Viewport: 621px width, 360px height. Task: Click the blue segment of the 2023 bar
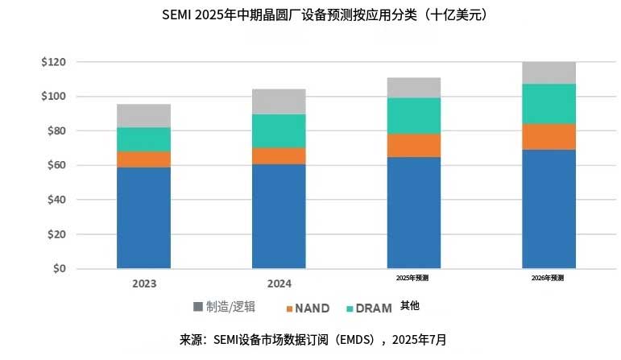[143, 217]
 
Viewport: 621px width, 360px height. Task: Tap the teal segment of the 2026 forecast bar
[549, 104]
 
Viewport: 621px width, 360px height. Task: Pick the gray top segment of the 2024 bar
[279, 101]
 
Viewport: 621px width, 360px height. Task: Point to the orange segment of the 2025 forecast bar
[413, 145]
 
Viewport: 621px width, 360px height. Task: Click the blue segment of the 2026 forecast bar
[549, 209]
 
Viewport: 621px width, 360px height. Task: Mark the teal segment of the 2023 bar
[143, 139]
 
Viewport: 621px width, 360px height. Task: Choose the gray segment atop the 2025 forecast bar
[413, 88]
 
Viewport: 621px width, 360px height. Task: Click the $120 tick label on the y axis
[53, 62]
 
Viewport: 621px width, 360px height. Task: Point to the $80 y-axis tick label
[53, 130]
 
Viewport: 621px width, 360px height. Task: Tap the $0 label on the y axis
[59, 269]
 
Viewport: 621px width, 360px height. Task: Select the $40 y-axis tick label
[53, 200]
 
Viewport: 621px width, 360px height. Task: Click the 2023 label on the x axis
[144, 283]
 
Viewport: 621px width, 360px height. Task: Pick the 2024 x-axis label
[279, 283]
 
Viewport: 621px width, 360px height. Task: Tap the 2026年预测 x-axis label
[548, 278]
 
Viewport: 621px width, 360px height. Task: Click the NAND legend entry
[307, 308]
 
